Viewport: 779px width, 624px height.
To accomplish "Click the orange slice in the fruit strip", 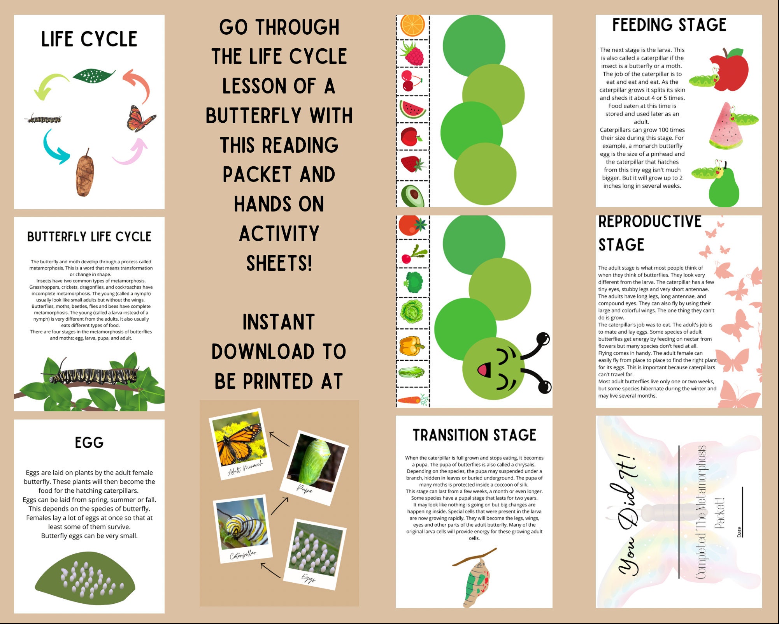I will click(x=412, y=25).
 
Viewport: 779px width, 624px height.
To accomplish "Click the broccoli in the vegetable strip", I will click(x=413, y=282).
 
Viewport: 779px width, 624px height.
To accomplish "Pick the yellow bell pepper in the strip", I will click(x=411, y=345).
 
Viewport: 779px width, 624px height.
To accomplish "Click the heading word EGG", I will click(x=89, y=443).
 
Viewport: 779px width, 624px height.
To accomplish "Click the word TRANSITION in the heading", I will click(x=447, y=435).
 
